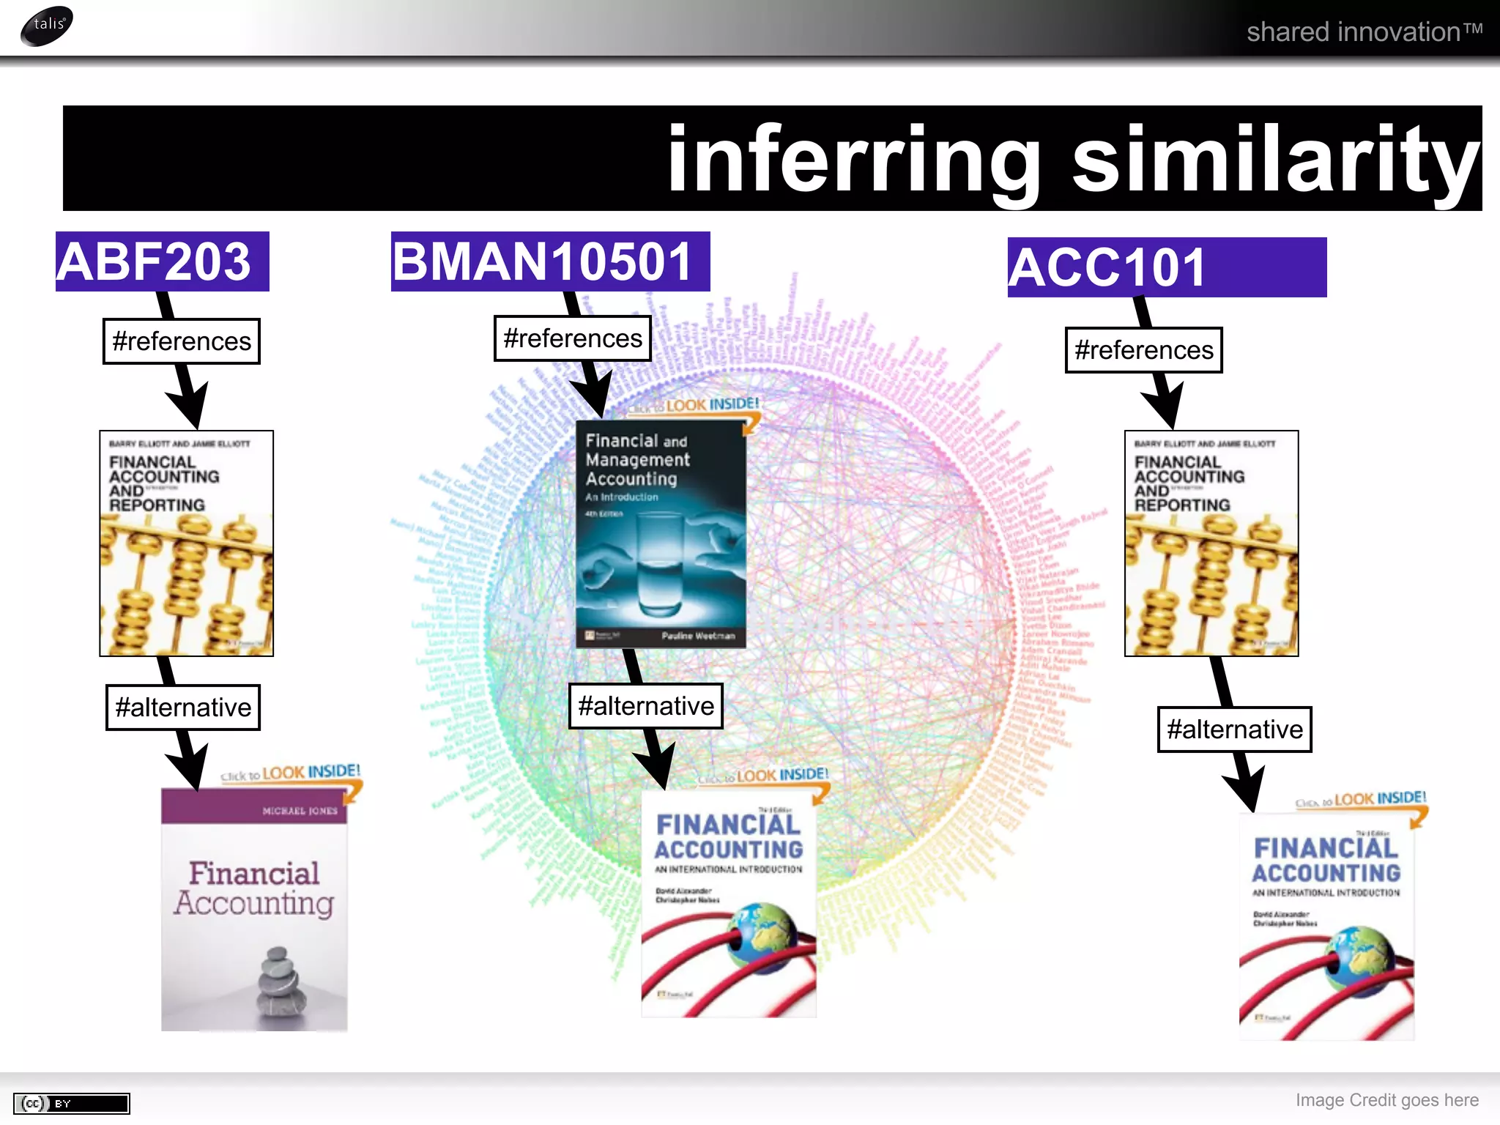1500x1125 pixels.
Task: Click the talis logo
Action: click(x=47, y=26)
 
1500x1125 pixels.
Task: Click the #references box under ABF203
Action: click(x=182, y=341)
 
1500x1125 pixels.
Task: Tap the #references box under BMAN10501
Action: click(x=573, y=338)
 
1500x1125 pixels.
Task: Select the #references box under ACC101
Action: click(x=1143, y=350)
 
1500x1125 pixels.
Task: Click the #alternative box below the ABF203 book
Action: click(x=183, y=708)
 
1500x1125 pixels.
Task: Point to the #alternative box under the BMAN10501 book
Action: click(x=645, y=706)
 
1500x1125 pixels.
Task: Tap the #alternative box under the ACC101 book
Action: click(x=1234, y=729)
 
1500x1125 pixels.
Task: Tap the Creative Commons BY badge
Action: click(x=72, y=1103)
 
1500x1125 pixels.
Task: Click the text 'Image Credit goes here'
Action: click(x=1386, y=1100)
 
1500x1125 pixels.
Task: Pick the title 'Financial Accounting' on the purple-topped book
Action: click(x=254, y=888)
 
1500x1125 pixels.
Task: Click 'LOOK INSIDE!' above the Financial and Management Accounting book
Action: click(x=712, y=404)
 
